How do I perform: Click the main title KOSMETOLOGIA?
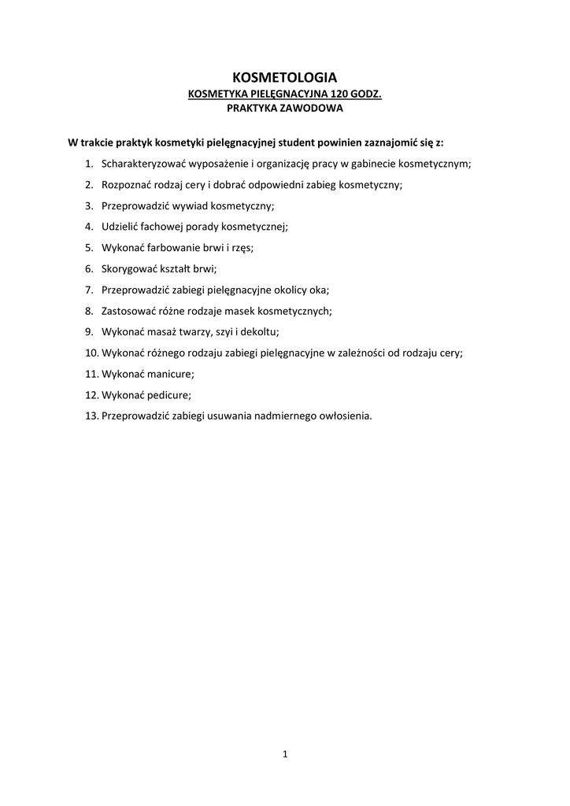coord(284,77)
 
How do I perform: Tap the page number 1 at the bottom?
coord(285,755)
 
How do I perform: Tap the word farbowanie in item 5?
coord(170,247)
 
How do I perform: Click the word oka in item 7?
coord(318,290)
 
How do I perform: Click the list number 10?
coord(91,353)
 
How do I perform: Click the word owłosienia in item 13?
coord(343,415)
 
